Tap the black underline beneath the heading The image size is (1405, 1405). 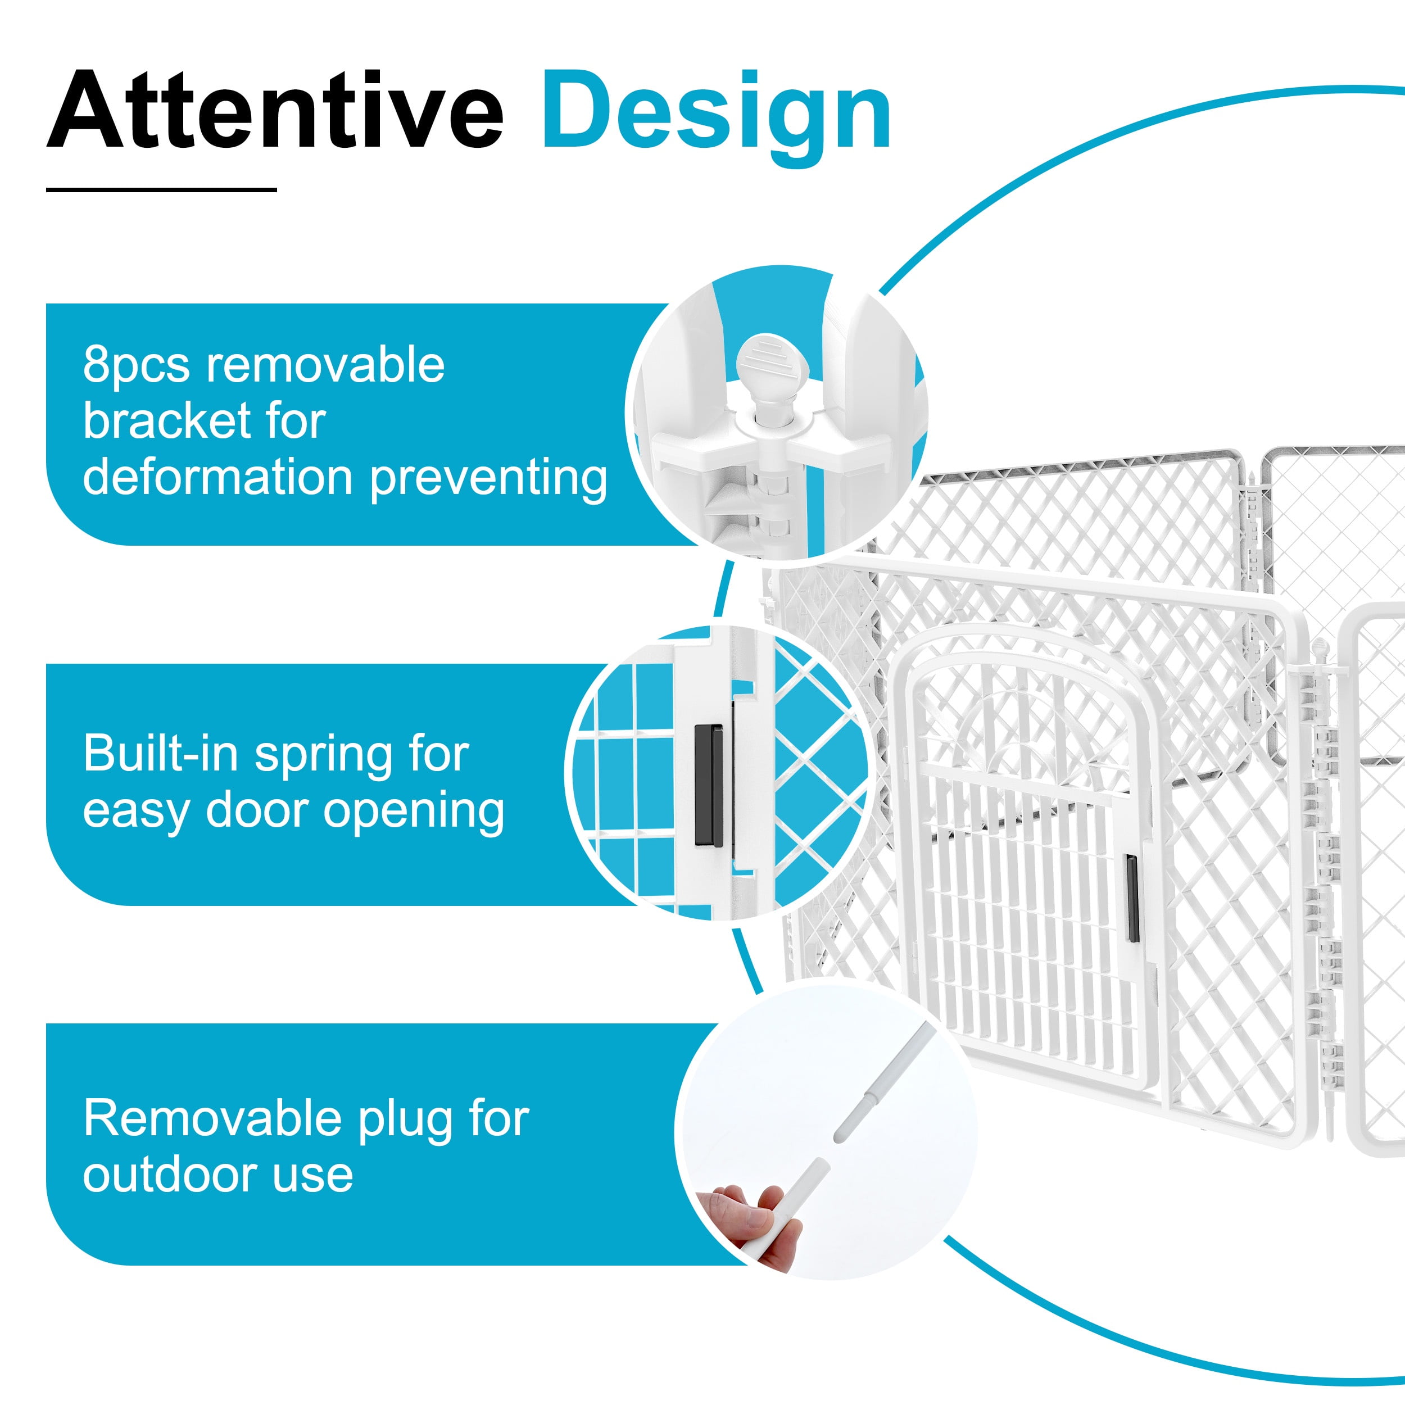point(161,190)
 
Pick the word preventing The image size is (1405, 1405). point(488,480)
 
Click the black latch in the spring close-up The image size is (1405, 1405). point(709,786)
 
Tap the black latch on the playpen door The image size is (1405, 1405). point(1132,899)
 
